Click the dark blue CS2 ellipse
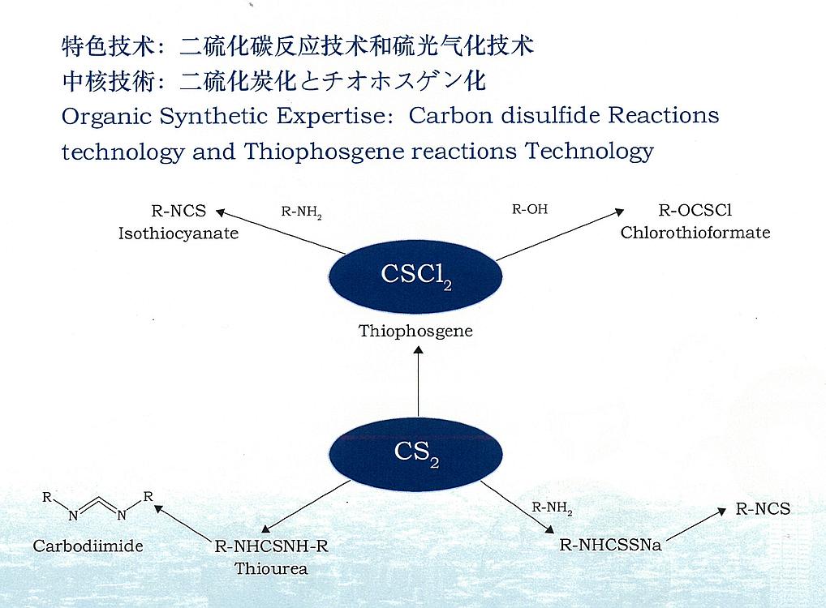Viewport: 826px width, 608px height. click(x=415, y=454)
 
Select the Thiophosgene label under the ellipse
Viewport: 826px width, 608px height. click(x=415, y=332)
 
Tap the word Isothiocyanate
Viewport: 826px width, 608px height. click(x=178, y=233)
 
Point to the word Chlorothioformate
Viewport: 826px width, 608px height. click(x=695, y=233)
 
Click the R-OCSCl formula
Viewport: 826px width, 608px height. click(x=695, y=211)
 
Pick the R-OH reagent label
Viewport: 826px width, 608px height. click(x=530, y=209)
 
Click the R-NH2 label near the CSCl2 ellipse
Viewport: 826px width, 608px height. click(x=301, y=212)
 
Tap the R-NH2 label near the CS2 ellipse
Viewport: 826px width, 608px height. click(x=552, y=508)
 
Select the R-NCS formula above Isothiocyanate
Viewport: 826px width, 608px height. click(x=179, y=211)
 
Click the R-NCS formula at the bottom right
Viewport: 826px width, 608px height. click(x=763, y=509)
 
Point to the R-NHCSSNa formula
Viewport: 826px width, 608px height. click(x=610, y=545)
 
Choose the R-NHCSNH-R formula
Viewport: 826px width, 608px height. click(x=271, y=546)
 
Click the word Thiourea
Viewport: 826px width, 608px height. click(x=271, y=569)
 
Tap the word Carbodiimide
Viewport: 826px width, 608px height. click(x=88, y=546)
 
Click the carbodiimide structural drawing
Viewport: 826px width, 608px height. click(x=98, y=505)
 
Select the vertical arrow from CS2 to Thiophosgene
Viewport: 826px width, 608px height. click(x=418, y=381)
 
